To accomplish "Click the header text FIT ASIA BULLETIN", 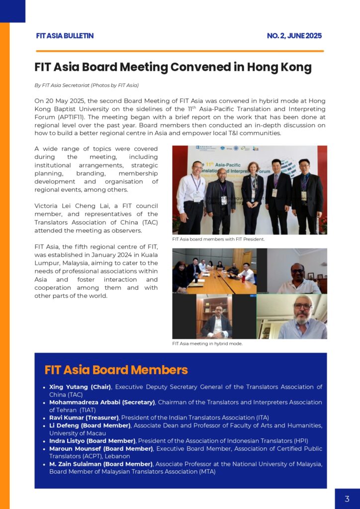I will point(65,36).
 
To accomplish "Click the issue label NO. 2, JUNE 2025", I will point(294,36).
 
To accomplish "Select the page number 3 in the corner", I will point(347,499).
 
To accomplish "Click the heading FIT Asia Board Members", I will point(116,370).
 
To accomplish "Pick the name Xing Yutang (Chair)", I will point(80,387).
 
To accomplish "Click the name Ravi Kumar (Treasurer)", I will point(84,418).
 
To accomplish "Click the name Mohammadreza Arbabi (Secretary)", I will point(102,402).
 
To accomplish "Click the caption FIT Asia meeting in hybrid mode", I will point(207,343).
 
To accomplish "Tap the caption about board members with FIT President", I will point(218,239).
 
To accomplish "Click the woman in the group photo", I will point(252,194).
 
